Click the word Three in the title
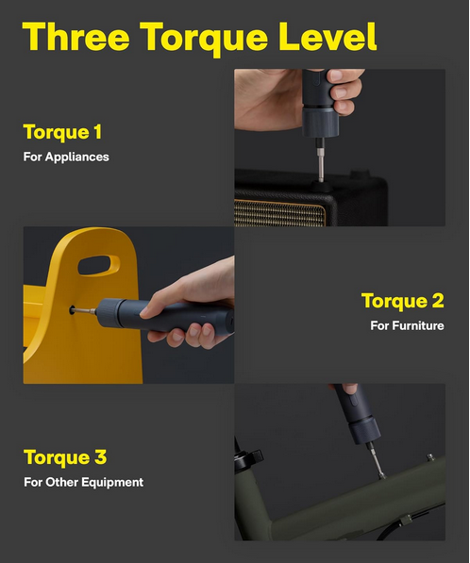point(76,36)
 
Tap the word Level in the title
point(327,36)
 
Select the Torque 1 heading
point(62,132)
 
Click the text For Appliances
point(66,157)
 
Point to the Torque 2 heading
point(402,301)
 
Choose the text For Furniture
point(407,325)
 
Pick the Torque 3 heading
point(65,457)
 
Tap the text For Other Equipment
point(83,482)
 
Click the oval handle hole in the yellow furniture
point(98,265)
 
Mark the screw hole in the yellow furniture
point(73,310)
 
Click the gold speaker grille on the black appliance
point(279,212)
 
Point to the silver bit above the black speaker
point(321,162)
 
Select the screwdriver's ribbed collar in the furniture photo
point(108,313)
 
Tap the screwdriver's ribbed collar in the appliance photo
point(320,123)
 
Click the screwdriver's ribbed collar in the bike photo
point(364,429)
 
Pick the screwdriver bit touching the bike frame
point(376,461)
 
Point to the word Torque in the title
point(204,39)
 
